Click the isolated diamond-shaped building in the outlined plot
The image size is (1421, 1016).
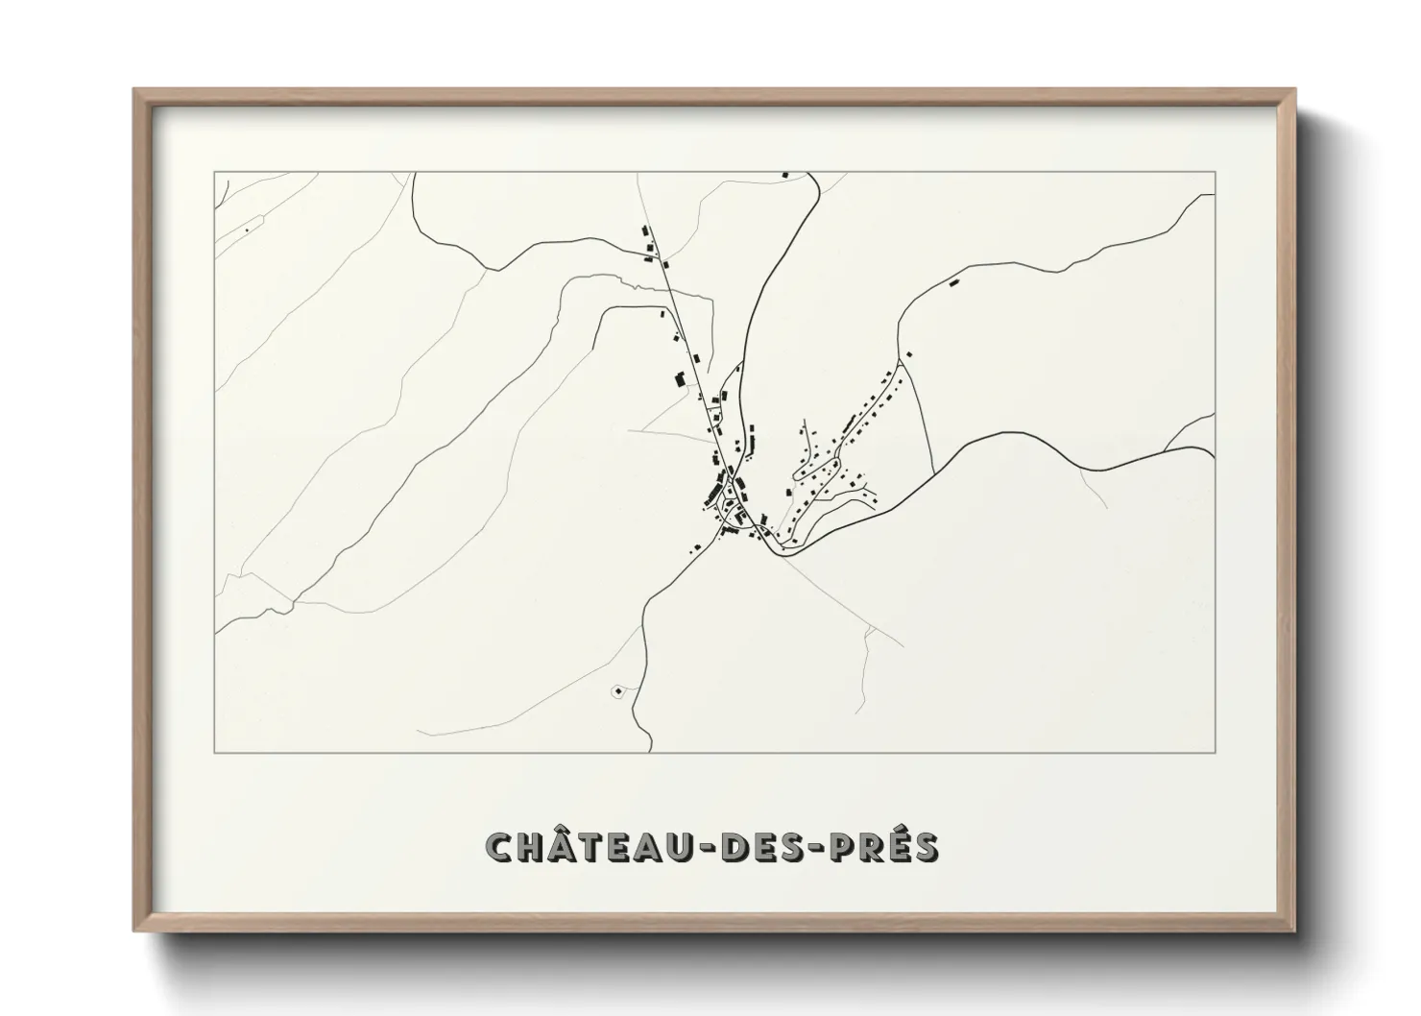[x=616, y=690]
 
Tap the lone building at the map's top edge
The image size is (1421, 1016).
[x=785, y=175]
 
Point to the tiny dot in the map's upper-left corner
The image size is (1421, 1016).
[x=247, y=230]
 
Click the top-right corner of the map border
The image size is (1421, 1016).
[x=1216, y=172]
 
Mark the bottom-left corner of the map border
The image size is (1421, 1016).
[x=215, y=753]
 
